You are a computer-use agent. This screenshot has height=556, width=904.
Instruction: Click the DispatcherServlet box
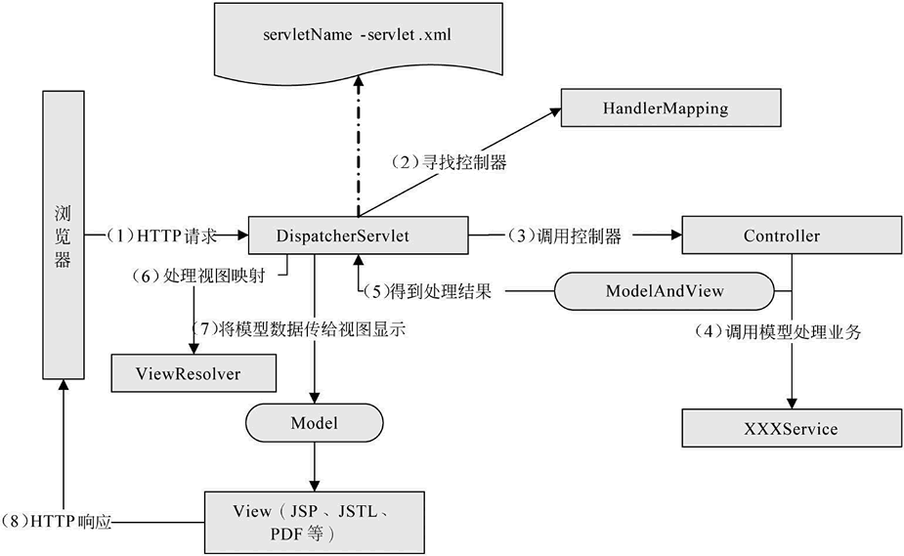tap(356, 235)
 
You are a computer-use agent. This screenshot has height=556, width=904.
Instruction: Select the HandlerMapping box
tap(670, 107)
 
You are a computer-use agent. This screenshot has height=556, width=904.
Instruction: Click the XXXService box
tap(792, 428)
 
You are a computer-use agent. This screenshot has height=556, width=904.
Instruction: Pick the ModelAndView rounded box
tap(664, 290)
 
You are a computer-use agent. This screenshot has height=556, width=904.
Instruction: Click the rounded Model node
tap(314, 423)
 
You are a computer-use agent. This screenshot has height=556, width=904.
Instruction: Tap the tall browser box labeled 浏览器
tap(62, 235)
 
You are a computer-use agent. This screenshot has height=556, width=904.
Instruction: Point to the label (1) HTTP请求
tap(162, 235)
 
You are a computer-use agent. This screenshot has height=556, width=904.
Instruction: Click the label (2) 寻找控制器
tap(449, 163)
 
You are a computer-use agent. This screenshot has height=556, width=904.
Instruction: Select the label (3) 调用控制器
tap(564, 235)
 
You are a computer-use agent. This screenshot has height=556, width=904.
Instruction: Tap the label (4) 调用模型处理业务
tap(778, 331)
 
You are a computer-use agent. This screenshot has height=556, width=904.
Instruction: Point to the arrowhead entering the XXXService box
tap(792, 404)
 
